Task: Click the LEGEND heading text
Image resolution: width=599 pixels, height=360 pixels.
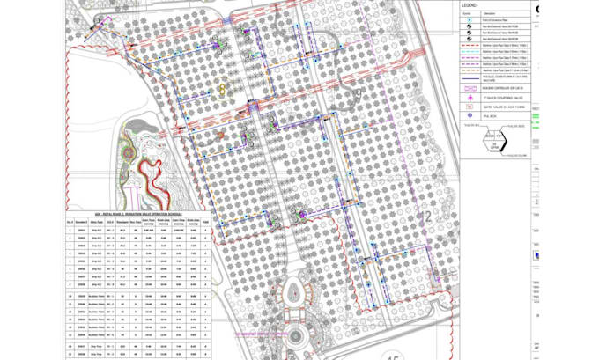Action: pyautogui.click(x=469, y=4)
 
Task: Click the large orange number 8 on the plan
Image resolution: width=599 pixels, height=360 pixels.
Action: pyautogui.click(x=223, y=87)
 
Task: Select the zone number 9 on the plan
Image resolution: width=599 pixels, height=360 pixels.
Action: pyautogui.click(x=359, y=93)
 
